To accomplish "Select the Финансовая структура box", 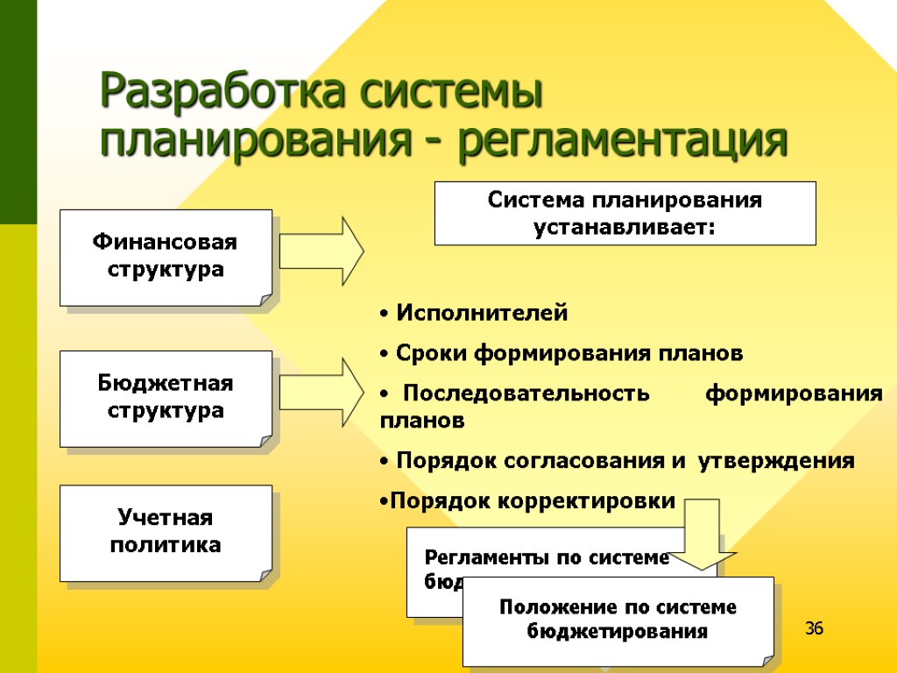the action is [166, 257].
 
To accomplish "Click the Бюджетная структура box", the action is [166, 398].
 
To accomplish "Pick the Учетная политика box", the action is [166, 533].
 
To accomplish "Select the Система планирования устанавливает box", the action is [625, 213].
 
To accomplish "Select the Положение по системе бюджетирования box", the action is [618, 620].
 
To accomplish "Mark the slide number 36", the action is [815, 628].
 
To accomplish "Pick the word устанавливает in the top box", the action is [625, 228].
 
